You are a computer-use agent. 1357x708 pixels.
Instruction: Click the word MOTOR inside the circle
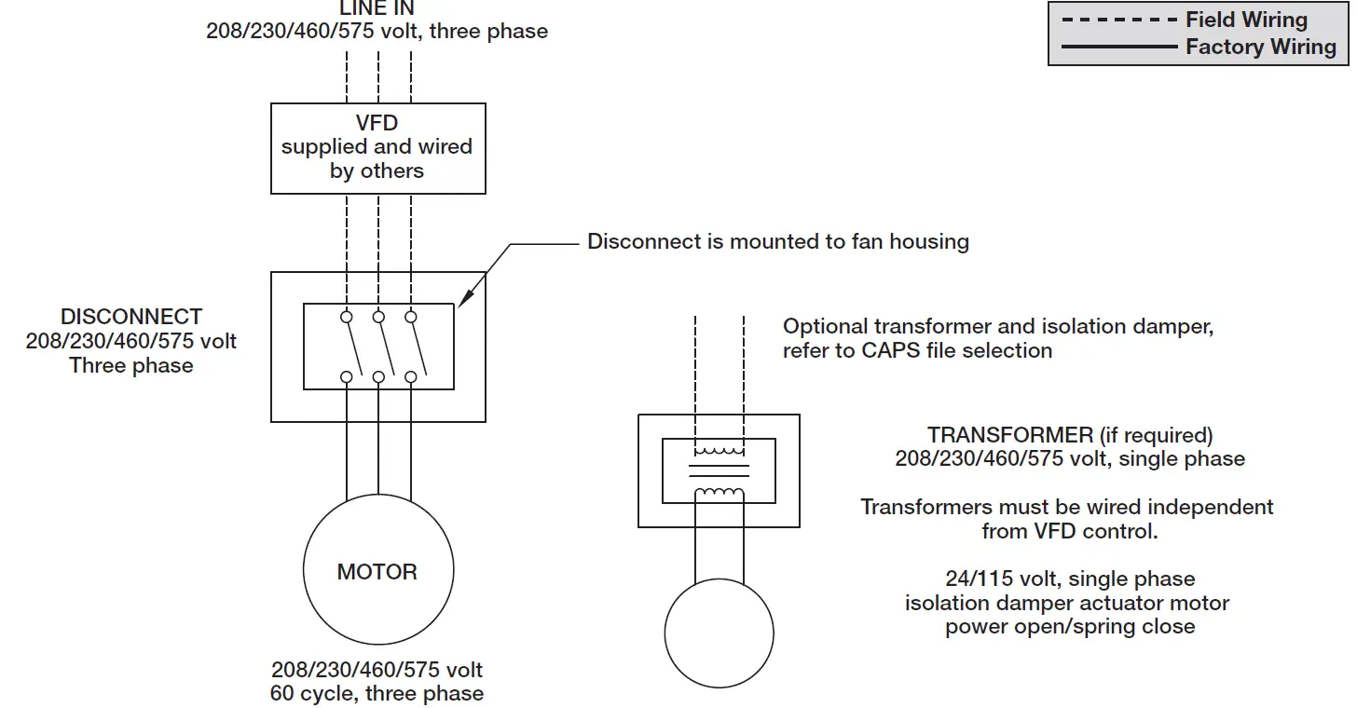pyautogui.click(x=377, y=572)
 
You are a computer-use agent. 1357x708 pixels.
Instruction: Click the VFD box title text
pyautogui.click(x=377, y=123)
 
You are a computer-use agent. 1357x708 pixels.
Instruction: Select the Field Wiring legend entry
pyautogui.click(x=1245, y=20)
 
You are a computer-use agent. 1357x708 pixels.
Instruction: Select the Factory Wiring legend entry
pyautogui.click(x=1260, y=47)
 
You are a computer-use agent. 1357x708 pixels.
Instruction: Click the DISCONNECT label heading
pyautogui.click(x=131, y=317)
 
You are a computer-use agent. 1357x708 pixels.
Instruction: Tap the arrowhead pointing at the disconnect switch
pyautogui.click(x=464, y=297)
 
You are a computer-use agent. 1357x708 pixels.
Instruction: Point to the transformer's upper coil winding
pyautogui.click(x=719, y=452)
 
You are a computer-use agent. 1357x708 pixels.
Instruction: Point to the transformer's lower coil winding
pyautogui.click(x=719, y=493)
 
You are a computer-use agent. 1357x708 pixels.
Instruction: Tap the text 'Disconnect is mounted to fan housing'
pyautogui.click(x=778, y=242)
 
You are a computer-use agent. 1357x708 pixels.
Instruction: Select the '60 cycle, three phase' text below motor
pyautogui.click(x=377, y=693)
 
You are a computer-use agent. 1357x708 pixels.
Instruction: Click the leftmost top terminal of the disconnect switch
pyautogui.click(x=347, y=318)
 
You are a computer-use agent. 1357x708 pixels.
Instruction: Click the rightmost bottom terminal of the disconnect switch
pyautogui.click(x=411, y=376)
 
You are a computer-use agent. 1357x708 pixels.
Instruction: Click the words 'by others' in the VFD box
pyautogui.click(x=377, y=171)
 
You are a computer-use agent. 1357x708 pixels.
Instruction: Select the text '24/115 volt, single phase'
pyautogui.click(x=1070, y=579)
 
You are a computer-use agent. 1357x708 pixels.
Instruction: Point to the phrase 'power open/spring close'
pyautogui.click(x=1070, y=627)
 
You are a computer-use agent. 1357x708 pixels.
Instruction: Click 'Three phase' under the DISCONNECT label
pyautogui.click(x=131, y=365)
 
